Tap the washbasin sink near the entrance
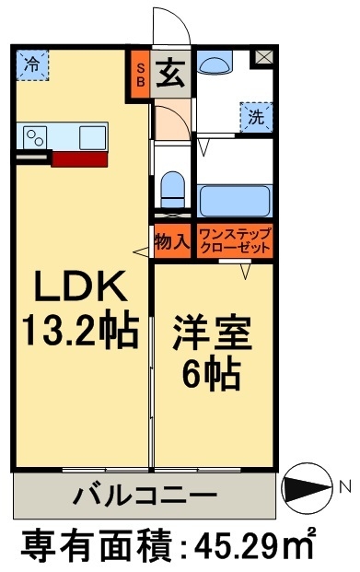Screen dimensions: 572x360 (216, 64)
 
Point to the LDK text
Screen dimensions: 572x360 (80, 289)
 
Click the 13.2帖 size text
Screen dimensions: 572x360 (81, 330)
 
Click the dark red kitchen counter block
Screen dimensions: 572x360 (79, 158)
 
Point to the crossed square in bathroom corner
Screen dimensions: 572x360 (263, 57)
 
